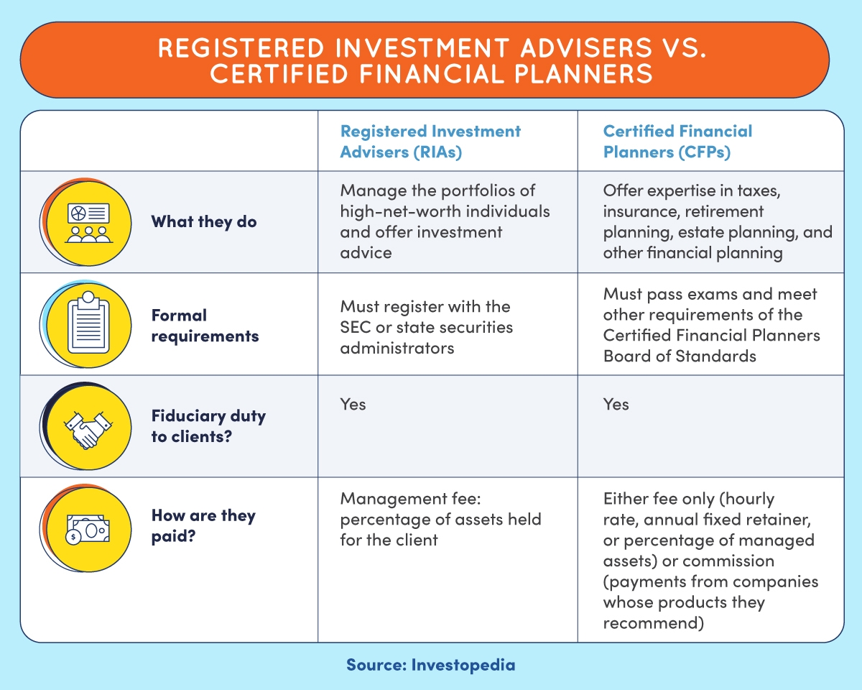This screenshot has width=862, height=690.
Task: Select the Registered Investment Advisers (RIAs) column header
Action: click(430, 142)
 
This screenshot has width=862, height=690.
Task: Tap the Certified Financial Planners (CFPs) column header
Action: click(677, 142)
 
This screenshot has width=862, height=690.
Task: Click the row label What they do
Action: click(203, 221)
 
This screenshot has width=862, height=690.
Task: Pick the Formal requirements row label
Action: click(204, 326)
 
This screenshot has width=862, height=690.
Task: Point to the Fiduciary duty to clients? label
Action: click(208, 425)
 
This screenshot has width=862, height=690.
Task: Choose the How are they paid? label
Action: click(203, 526)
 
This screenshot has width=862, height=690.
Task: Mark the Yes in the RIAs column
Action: click(353, 405)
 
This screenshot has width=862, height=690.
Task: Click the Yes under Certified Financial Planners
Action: click(616, 405)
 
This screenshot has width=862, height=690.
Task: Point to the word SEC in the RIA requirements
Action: click(356, 327)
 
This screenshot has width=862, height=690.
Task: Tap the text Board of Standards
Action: click(680, 356)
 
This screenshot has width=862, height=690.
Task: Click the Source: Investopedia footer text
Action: click(430, 665)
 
